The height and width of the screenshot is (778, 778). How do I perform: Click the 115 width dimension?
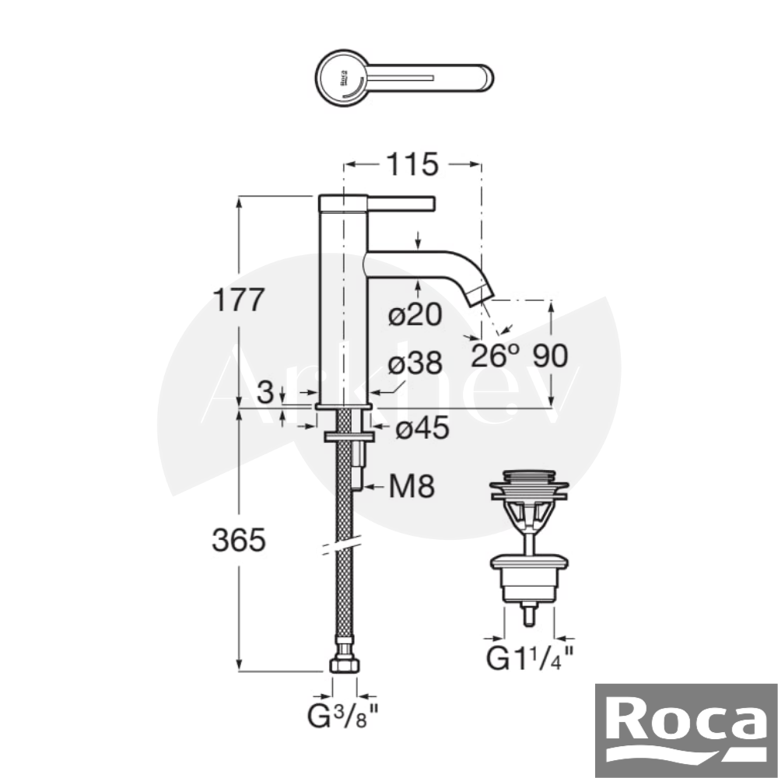pyautogui.click(x=412, y=164)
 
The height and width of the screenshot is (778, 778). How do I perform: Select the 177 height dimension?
pyautogui.click(x=239, y=300)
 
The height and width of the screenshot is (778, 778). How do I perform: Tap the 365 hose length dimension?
pyautogui.click(x=239, y=540)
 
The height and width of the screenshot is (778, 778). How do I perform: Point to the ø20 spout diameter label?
pyautogui.click(x=415, y=314)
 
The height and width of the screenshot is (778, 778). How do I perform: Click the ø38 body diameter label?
pyautogui.click(x=415, y=363)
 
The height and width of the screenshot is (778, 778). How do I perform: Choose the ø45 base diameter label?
pyautogui.click(x=422, y=427)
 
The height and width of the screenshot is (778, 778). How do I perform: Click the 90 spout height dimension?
pyautogui.click(x=550, y=356)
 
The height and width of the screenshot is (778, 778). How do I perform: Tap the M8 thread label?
pyautogui.click(x=412, y=486)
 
